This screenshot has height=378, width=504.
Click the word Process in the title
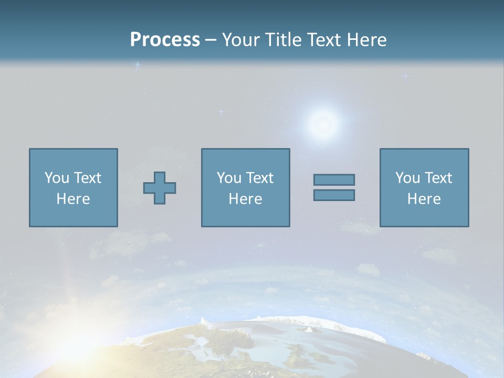coord(165,40)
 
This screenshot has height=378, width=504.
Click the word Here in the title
coord(366,40)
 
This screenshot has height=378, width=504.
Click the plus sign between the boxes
coord(160,188)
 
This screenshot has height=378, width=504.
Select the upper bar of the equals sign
coord(334,180)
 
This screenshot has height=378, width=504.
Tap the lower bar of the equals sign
coord(334,195)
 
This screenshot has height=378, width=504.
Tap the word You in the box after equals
coord(407,178)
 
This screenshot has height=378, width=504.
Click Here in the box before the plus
coord(73,199)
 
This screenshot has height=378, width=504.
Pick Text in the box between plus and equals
coord(260,178)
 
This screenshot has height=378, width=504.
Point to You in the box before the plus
coord(57,178)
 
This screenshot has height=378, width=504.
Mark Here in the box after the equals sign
coord(424,199)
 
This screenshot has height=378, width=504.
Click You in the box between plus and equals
coord(229,178)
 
